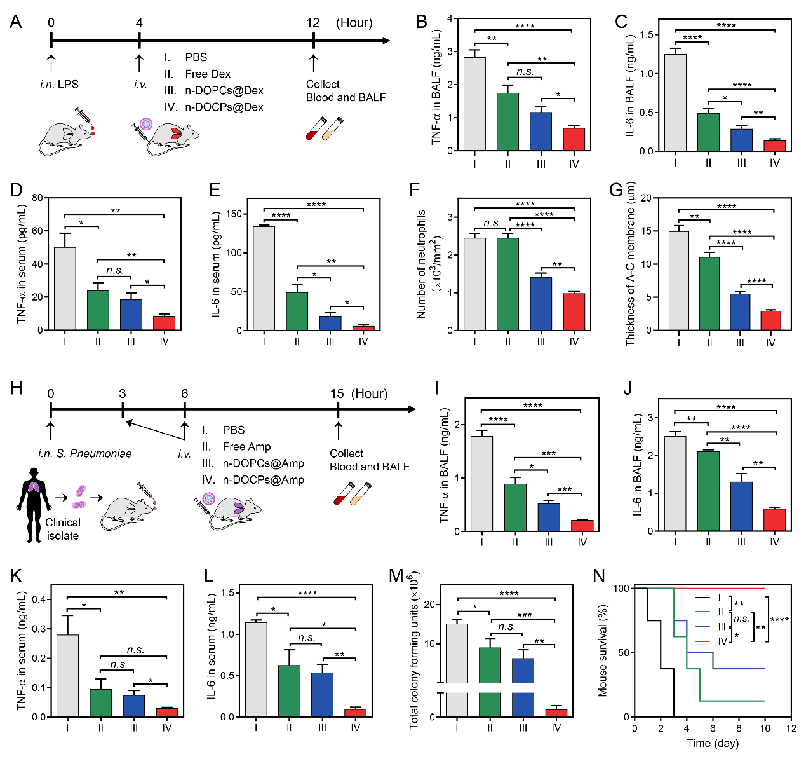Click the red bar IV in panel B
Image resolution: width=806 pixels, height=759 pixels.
(x=574, y=139)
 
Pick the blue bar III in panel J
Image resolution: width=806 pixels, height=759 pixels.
(x=741, y=506)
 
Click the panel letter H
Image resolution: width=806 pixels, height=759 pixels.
(x=17, y=388)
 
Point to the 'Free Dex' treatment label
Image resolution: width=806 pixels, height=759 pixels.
(x=208, y=74)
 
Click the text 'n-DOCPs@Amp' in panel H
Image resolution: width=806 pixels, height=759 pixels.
(x=263, y=480)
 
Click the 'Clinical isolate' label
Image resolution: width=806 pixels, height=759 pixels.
(x=62, y=529)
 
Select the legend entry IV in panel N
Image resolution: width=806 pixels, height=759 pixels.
(x=722, y=641)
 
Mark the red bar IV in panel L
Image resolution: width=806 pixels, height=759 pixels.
(x=355, y=713)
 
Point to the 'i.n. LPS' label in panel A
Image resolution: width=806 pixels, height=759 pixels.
(x=59, y=84)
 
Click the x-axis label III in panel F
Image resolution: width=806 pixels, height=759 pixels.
(x=541, y=341)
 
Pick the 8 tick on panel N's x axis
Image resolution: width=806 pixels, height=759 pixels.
(x=739, y=728)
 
